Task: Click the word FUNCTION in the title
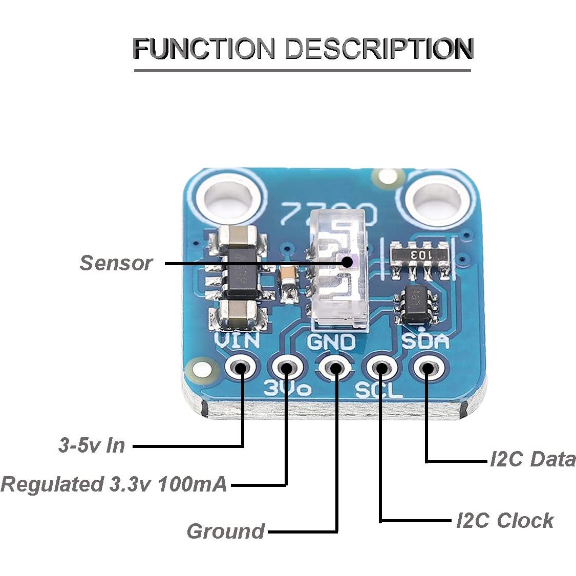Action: tap(204, 49)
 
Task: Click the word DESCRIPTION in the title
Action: tap(378, 49)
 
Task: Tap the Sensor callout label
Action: tap(116, 263)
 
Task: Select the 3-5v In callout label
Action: tap(92, 445)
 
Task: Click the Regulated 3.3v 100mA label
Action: tap(114, 484)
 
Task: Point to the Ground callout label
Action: tap(225, 531)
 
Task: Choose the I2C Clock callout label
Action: tap(505, 521)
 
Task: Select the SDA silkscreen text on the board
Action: tap(425, 342)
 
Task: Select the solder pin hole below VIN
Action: tap(240, 367)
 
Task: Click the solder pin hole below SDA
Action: tap(426, 368)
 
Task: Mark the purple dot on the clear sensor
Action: tap(348, 262)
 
